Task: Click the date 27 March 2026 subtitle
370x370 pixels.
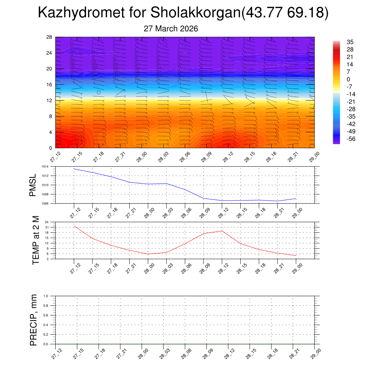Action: [x=171, y=29]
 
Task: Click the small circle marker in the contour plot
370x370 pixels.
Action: [x=99, y=92]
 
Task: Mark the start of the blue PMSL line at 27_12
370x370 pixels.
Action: [x=74, y=169]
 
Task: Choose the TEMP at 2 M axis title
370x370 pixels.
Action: [x=35, y=240]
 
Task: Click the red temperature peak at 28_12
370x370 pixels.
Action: [x=222, y=231]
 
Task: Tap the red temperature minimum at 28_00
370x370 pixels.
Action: [x=148, y=254]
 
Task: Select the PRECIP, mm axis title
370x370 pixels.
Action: [x=34, y=320]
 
